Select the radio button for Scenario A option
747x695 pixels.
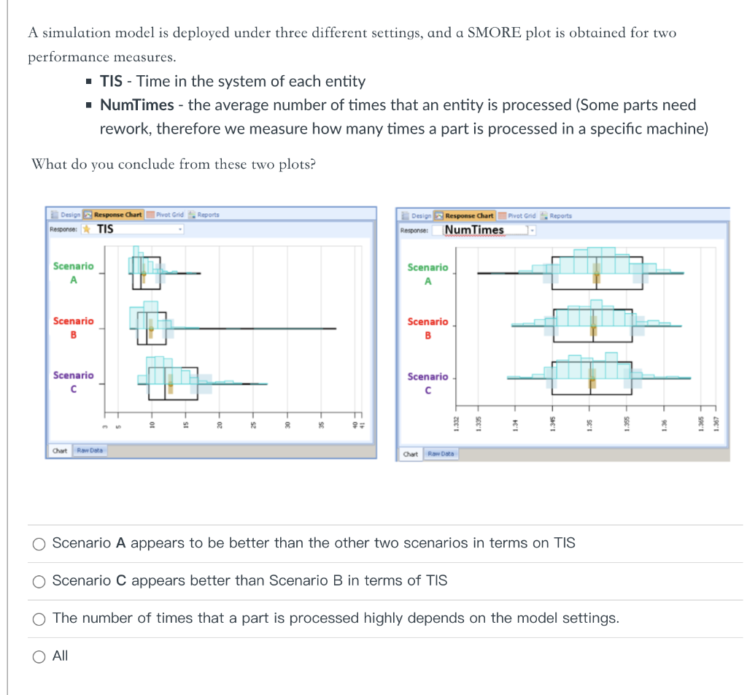[39, 543]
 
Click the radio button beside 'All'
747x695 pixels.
[39, 656]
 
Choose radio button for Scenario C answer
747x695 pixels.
[39, 581]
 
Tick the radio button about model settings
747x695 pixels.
[39, 618]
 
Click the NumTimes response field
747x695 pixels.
[474, 230]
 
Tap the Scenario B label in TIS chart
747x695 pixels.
[73, 327]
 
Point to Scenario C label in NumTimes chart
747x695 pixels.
[428, 383]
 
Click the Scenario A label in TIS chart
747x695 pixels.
[73, 272]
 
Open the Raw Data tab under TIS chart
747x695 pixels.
[91, 450]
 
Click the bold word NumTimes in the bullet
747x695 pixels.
[137, 105]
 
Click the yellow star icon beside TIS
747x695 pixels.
[87, 229]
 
